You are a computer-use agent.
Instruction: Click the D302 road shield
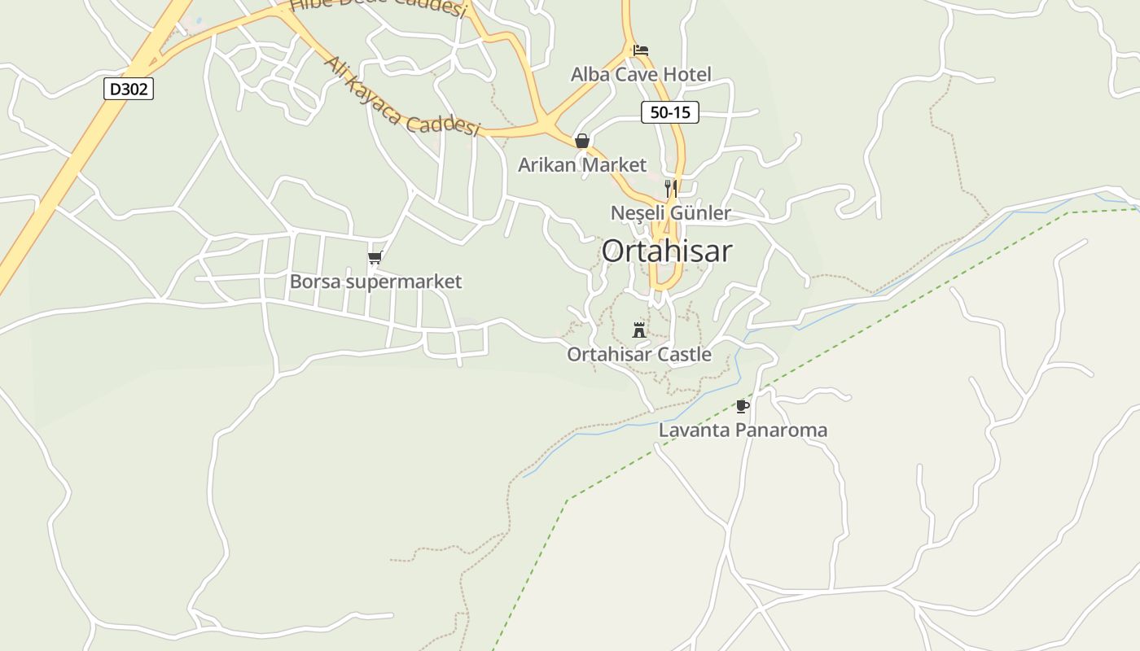[129, 89]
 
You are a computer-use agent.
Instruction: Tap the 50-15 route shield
[670, 112]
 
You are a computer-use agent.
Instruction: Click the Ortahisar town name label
[667, 251]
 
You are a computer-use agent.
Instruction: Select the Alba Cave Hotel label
[641, 74]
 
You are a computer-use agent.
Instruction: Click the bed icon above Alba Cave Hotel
[641, 50]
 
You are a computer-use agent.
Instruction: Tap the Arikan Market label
[582, 164]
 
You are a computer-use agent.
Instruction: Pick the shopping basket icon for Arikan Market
[582, 141]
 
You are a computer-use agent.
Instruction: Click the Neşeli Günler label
[671, 213]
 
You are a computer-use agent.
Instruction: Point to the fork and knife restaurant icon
[670, 189]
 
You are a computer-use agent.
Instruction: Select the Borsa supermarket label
[375, 282]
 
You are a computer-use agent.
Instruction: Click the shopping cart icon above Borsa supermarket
[375, 258]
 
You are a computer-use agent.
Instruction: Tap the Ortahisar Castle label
[639, 354]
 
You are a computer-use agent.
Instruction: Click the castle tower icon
[639, 330]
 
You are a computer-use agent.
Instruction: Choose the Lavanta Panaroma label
[743, 430]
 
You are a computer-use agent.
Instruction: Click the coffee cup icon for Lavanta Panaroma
[742, 406]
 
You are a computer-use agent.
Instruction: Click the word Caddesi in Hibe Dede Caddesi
[429, 7]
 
